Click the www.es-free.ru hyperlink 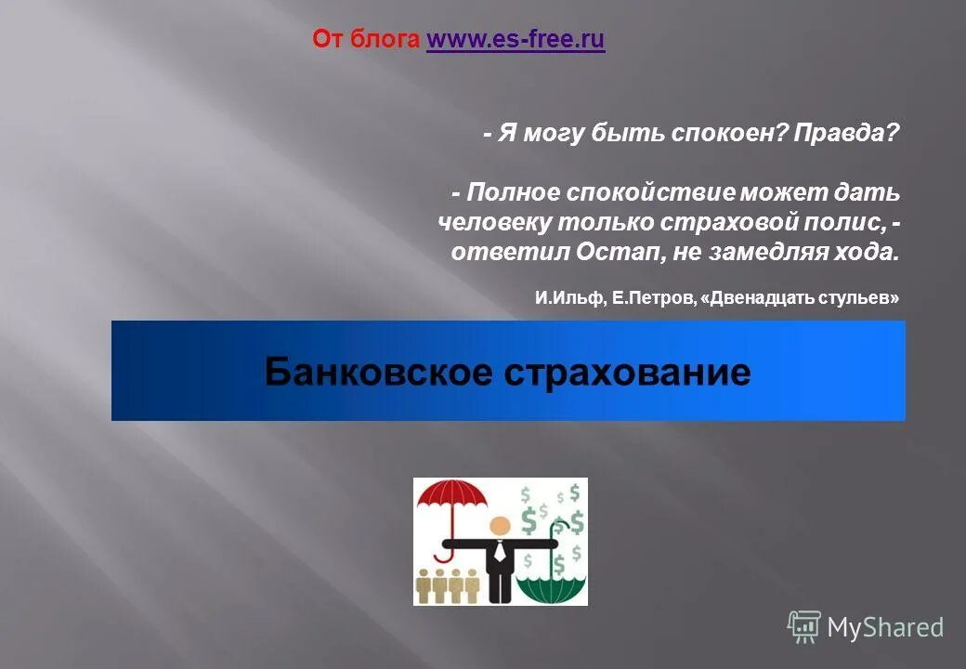click(516, 40)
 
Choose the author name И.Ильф click(569, 298)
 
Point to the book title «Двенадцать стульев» click(803, 298)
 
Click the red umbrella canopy click(453, 495)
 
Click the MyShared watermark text click(885, 628)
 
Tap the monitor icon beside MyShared click(804, 626)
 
